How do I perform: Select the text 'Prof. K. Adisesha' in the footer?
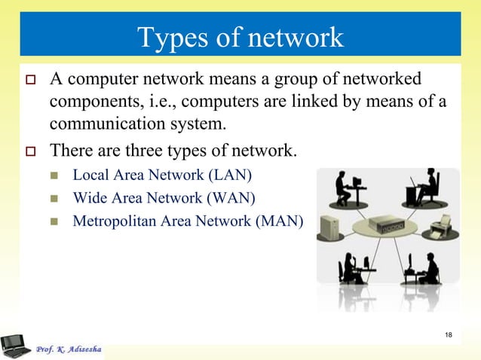point(69,350)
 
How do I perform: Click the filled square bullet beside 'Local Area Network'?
point(55,177)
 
